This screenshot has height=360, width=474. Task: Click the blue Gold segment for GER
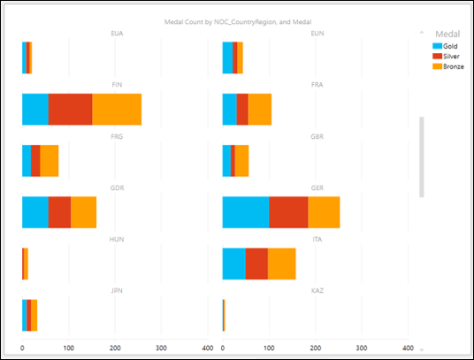point(245,212)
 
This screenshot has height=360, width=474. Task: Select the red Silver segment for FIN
point(71,109)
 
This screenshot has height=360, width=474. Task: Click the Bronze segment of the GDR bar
point(83,212)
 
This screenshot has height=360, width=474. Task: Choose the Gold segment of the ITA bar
point(233,264)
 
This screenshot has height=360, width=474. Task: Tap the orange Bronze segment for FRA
point(259,109)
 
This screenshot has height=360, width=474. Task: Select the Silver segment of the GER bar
point(288,212)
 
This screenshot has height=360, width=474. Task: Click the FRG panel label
point(117,137)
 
